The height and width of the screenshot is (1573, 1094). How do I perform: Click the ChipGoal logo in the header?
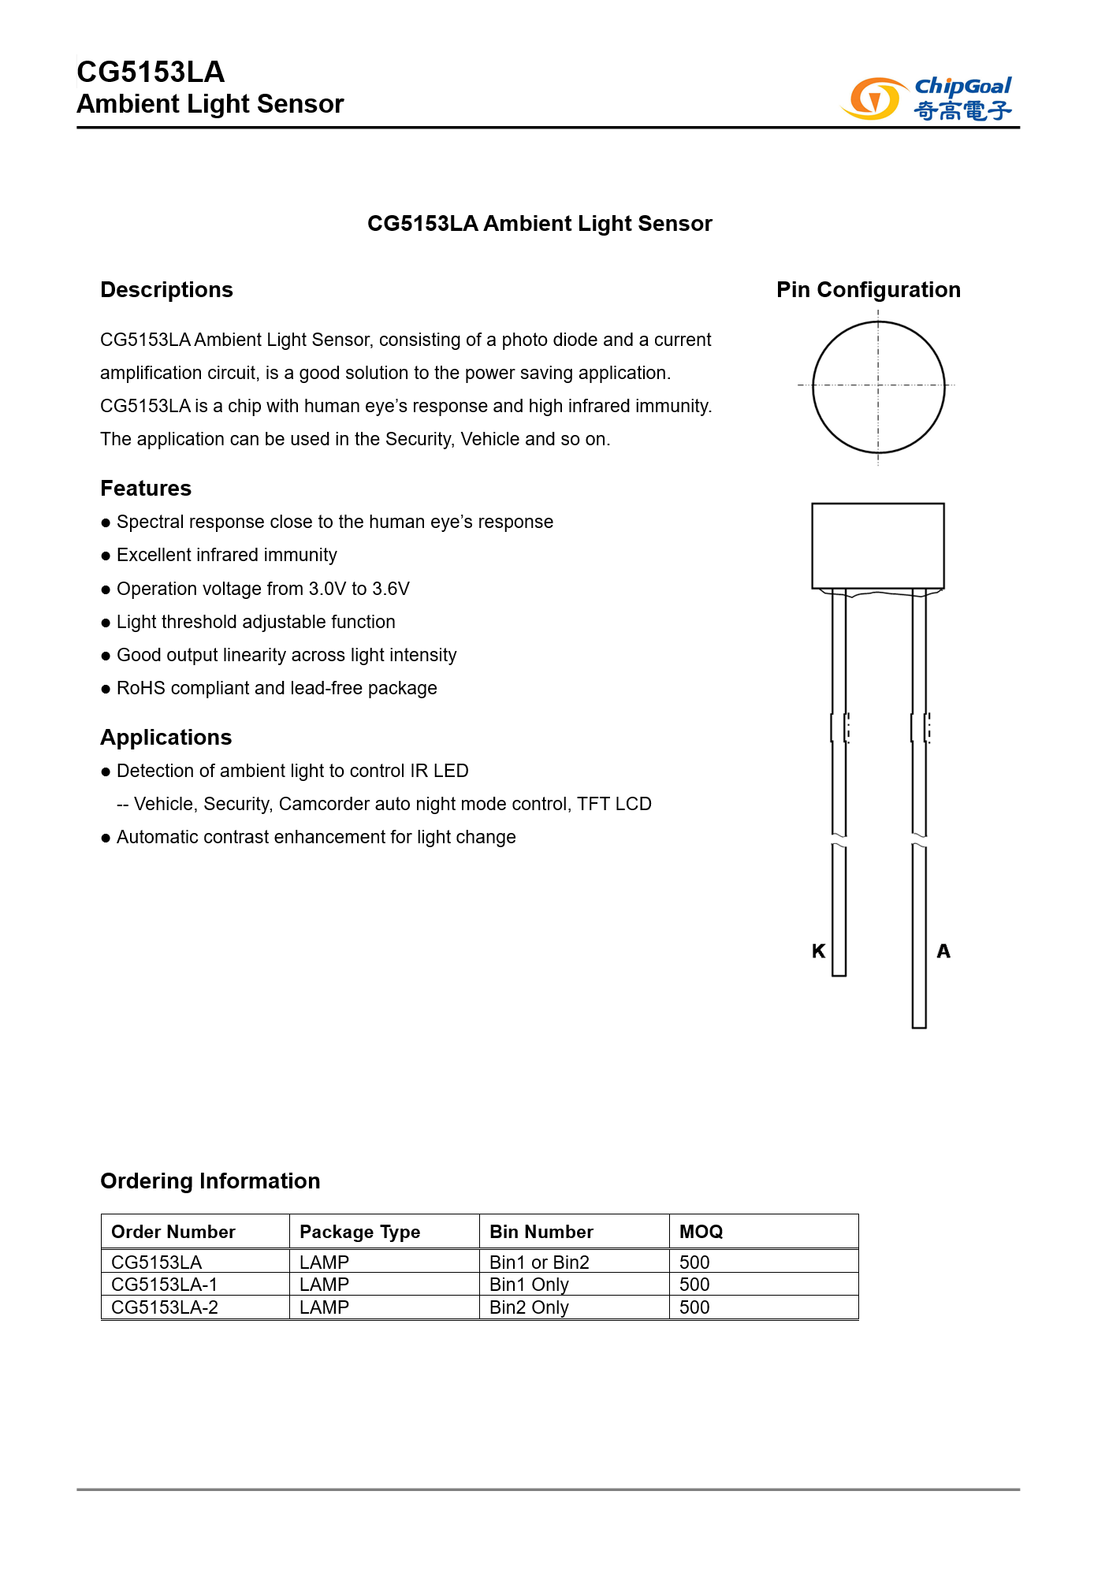(x=927, y=99)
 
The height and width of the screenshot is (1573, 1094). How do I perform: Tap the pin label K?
(x=819, y=951)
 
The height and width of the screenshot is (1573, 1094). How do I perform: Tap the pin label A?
(x=943, y=951)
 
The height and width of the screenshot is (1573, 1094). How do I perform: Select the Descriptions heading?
(x=166, y=290)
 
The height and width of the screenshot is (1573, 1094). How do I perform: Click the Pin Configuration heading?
(x=868, y=290)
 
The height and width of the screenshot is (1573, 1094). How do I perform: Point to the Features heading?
(x=146, y=489)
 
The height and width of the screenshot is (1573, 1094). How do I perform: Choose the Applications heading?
(x=166, y=738)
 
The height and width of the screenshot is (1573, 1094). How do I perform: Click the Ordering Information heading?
(x=210, y=1181)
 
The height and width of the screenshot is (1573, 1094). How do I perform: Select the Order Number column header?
(x=173, y=1232)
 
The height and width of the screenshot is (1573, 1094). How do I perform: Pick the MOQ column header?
(x=701, y=1232)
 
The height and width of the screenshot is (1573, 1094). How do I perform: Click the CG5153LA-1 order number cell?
(x=164, y=1285)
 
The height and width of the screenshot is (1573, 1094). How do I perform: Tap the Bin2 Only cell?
(x=529, y=1307)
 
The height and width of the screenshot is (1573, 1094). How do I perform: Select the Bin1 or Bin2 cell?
(x=539, y=1262)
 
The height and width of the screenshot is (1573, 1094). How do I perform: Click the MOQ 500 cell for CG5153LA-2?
(x=694, y=1307)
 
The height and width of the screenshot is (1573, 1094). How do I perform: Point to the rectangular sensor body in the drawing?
(x=878, y=545)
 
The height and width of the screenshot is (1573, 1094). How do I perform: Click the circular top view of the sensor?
(x=878, y=387)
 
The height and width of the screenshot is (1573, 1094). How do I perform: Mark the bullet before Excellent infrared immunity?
(x=106, y=556)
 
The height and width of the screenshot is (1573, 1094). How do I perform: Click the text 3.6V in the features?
(x=391, y=589)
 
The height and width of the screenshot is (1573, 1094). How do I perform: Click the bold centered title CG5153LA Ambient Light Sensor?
(x=539, y=224)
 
